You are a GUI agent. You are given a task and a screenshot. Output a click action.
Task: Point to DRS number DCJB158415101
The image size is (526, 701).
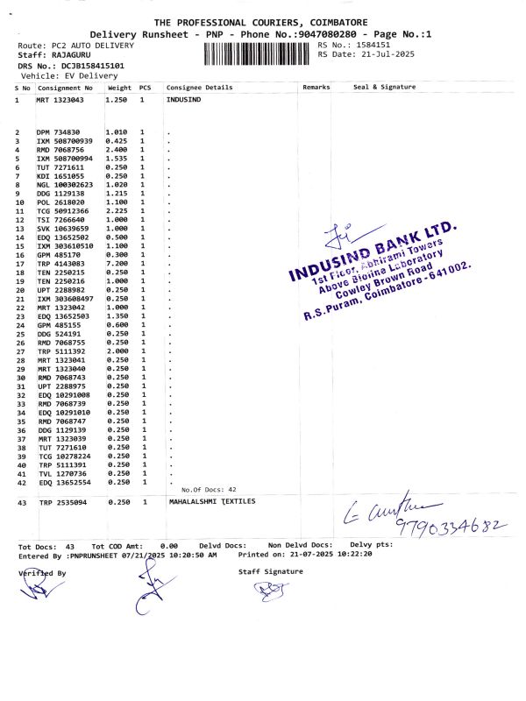pos(85,66)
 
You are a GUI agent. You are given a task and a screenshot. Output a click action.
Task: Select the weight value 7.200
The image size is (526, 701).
pos(117,263)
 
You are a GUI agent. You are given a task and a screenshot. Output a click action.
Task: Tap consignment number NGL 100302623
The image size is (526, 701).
pos(64,184)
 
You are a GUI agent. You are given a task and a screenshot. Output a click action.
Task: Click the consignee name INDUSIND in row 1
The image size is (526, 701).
pos(183,101)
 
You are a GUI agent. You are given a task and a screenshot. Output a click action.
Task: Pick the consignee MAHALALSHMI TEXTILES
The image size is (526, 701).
pos(211,502)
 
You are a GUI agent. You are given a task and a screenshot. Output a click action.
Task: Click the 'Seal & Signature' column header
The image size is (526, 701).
pos(384,88)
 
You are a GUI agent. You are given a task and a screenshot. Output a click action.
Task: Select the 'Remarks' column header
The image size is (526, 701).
pos(316,88)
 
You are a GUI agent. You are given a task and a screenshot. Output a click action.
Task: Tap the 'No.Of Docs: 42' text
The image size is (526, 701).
pos(209,489)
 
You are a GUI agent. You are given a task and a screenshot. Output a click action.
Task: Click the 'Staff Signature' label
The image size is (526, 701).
pos(271,571)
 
